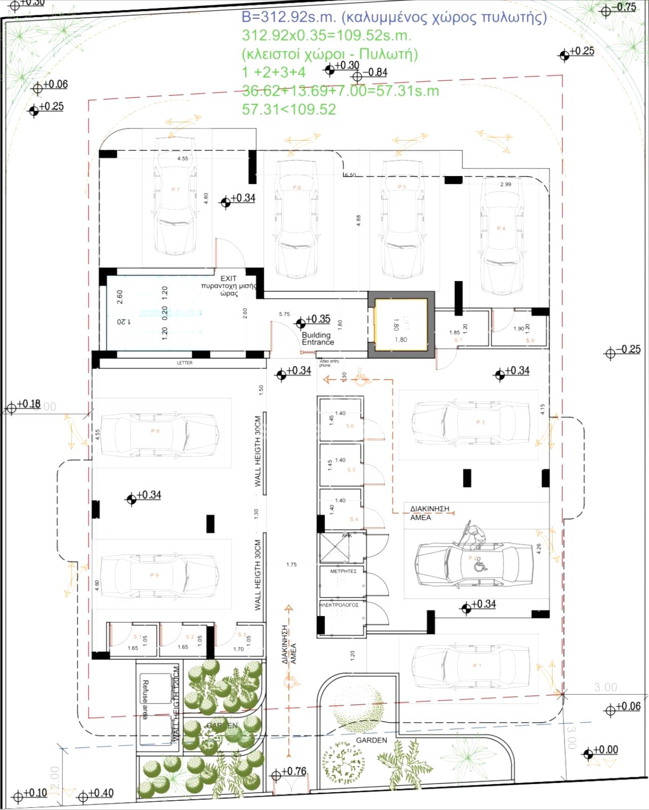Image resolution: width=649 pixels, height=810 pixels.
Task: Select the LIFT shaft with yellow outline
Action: point(401,325)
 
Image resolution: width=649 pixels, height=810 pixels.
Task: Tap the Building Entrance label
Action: point(317,339)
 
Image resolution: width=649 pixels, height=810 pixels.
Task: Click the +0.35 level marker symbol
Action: point(301,322)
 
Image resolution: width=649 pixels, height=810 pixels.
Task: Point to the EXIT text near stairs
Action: point(228,279)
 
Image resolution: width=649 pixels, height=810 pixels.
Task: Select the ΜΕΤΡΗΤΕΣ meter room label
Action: point(343,571)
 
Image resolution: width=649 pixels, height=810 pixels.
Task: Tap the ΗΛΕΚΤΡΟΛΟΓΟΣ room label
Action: point(339,605)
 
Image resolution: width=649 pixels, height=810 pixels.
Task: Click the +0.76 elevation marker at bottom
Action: point(276,775)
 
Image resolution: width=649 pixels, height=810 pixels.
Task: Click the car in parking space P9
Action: point(160,575)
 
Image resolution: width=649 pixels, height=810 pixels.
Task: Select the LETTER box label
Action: point(185,363)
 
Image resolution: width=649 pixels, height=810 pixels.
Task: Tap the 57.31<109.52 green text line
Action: point(289,110)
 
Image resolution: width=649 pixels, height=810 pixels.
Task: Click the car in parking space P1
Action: point(472,666)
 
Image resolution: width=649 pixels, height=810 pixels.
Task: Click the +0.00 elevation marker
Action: point(588,754)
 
